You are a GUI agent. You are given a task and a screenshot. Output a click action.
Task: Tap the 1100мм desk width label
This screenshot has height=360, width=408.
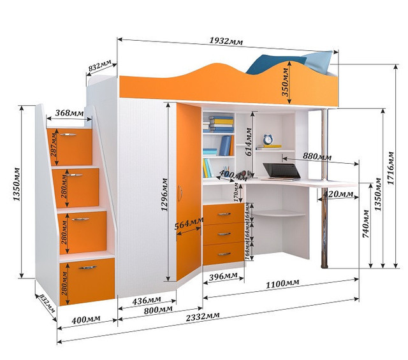tap(284, 283)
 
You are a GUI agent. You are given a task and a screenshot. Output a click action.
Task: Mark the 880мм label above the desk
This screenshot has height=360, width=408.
tap(317, 156)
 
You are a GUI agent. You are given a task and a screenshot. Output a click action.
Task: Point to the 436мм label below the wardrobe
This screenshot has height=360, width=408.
tap(146, 299)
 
